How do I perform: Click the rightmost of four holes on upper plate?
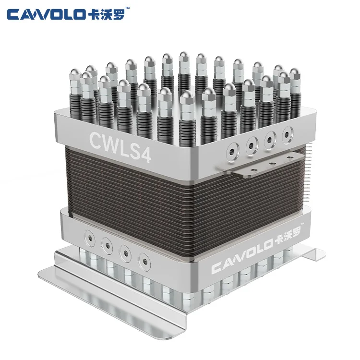[287, 132]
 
